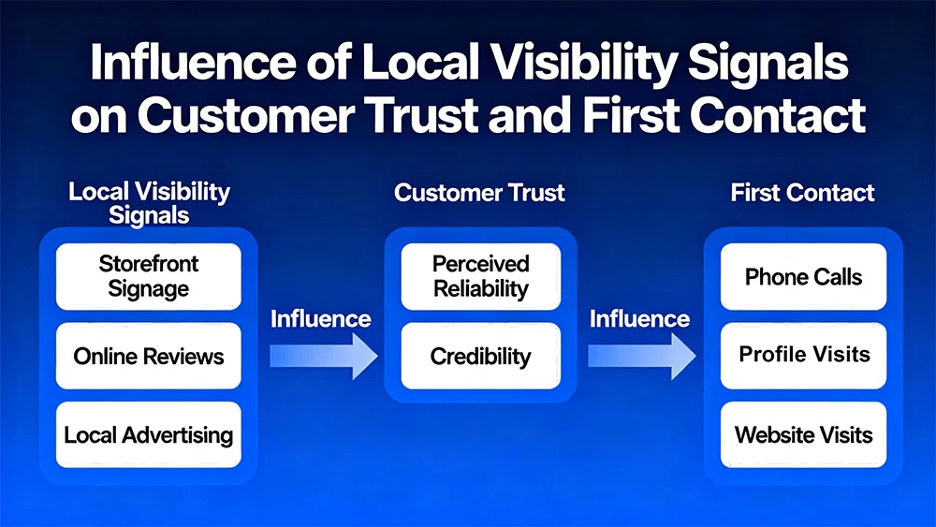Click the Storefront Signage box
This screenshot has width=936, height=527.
148,276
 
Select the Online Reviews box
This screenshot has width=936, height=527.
148,356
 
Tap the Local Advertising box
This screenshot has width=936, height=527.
148,434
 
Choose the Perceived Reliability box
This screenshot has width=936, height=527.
481,276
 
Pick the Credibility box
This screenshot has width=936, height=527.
481,356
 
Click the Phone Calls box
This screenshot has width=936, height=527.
803,276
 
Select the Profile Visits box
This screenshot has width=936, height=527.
803,355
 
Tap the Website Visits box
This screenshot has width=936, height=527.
803,434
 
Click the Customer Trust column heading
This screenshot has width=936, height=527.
479,194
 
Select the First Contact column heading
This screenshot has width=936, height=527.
802,194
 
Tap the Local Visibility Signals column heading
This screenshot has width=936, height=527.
149,203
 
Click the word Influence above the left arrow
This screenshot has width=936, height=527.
320,319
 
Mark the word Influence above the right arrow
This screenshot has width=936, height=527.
639,319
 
